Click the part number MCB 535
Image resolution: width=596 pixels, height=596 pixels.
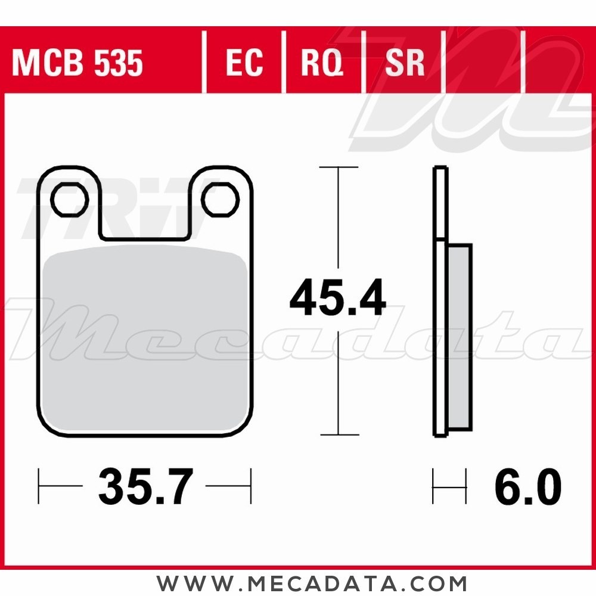tap(77, 63)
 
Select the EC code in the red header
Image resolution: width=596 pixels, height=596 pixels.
tap(244, 63)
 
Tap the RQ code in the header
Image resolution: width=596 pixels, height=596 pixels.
tap(322, 63)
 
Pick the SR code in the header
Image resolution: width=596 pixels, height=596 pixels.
tap(405, 63)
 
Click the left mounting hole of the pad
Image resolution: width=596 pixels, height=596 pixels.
tap(70, 200)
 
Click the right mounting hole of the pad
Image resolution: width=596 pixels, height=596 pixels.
tap(220, 200)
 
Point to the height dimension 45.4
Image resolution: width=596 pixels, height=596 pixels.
tap(337, 300)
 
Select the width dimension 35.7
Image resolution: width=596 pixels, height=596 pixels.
tap(145, 486)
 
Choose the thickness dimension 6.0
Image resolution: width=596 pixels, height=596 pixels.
tap(527, 486)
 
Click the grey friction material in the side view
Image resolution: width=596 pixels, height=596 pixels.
tap(460, 337)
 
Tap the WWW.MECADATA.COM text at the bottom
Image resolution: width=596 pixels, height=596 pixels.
tap(312, 582)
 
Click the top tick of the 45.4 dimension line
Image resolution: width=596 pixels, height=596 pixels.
tap(339, 167)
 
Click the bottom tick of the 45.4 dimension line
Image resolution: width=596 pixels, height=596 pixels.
tap(339, 434)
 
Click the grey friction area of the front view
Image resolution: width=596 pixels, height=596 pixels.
tap(145, 340)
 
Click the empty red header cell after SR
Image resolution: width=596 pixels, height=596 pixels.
tap(484, 63)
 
